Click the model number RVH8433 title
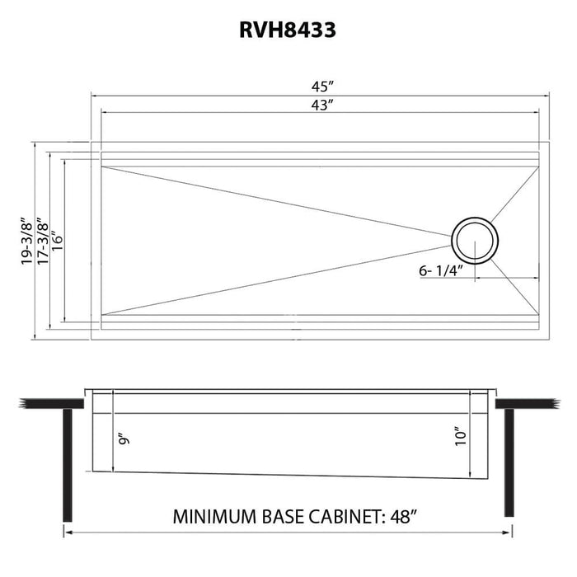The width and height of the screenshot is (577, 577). coord(288,30)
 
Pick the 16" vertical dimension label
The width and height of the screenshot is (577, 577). coord(55,240)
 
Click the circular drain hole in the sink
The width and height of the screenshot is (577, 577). coord(475,239)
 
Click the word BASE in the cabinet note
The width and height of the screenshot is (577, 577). coord(280,518)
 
